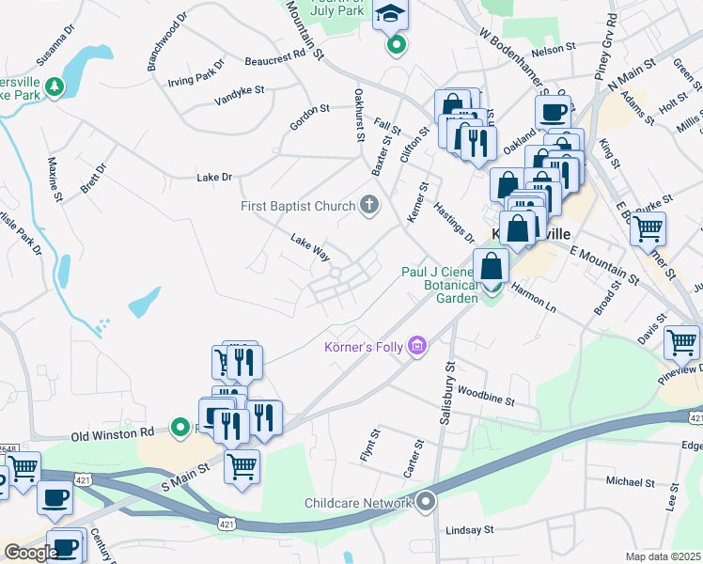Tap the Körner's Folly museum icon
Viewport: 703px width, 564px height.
coord(417,348)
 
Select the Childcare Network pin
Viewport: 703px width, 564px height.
coord(427,503)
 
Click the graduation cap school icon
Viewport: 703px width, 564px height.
coord(387,15)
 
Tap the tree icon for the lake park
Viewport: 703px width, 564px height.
coord(55,87)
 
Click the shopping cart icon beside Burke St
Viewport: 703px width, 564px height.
coord(648,227)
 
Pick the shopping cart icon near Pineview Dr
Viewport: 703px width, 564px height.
coord(681,342)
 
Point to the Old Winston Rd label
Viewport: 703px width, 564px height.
coord(114,434)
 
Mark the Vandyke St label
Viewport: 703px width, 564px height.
coord(240,98)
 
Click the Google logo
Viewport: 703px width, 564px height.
coord(31,553)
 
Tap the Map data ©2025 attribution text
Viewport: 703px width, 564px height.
coord(663,556)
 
